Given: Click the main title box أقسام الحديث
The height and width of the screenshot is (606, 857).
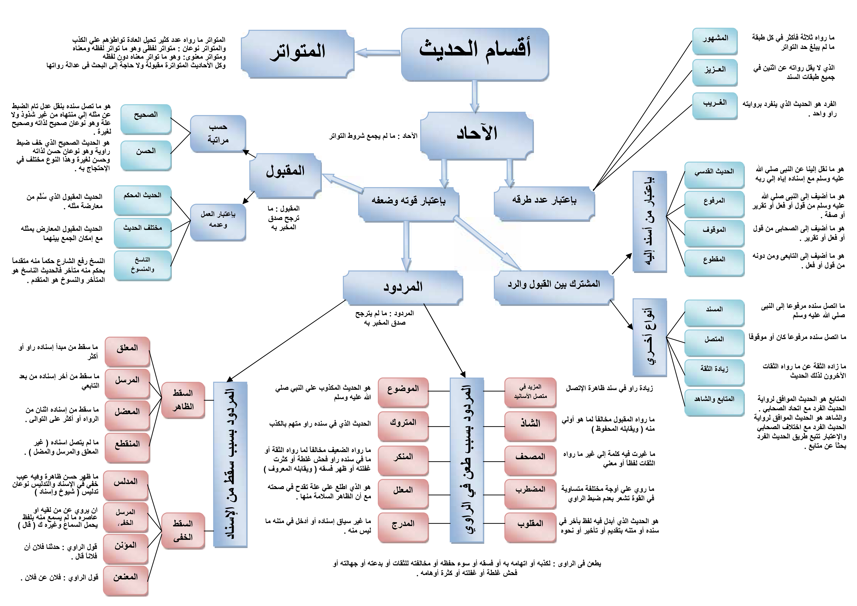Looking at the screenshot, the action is pyautogui.click(x=475, y=54).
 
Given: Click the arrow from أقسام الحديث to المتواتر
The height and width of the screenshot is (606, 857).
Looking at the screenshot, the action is pyautogui.click(x=378, y=53).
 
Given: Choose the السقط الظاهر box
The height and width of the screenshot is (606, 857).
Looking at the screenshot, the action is pyautogui.click(x=183, y=400).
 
